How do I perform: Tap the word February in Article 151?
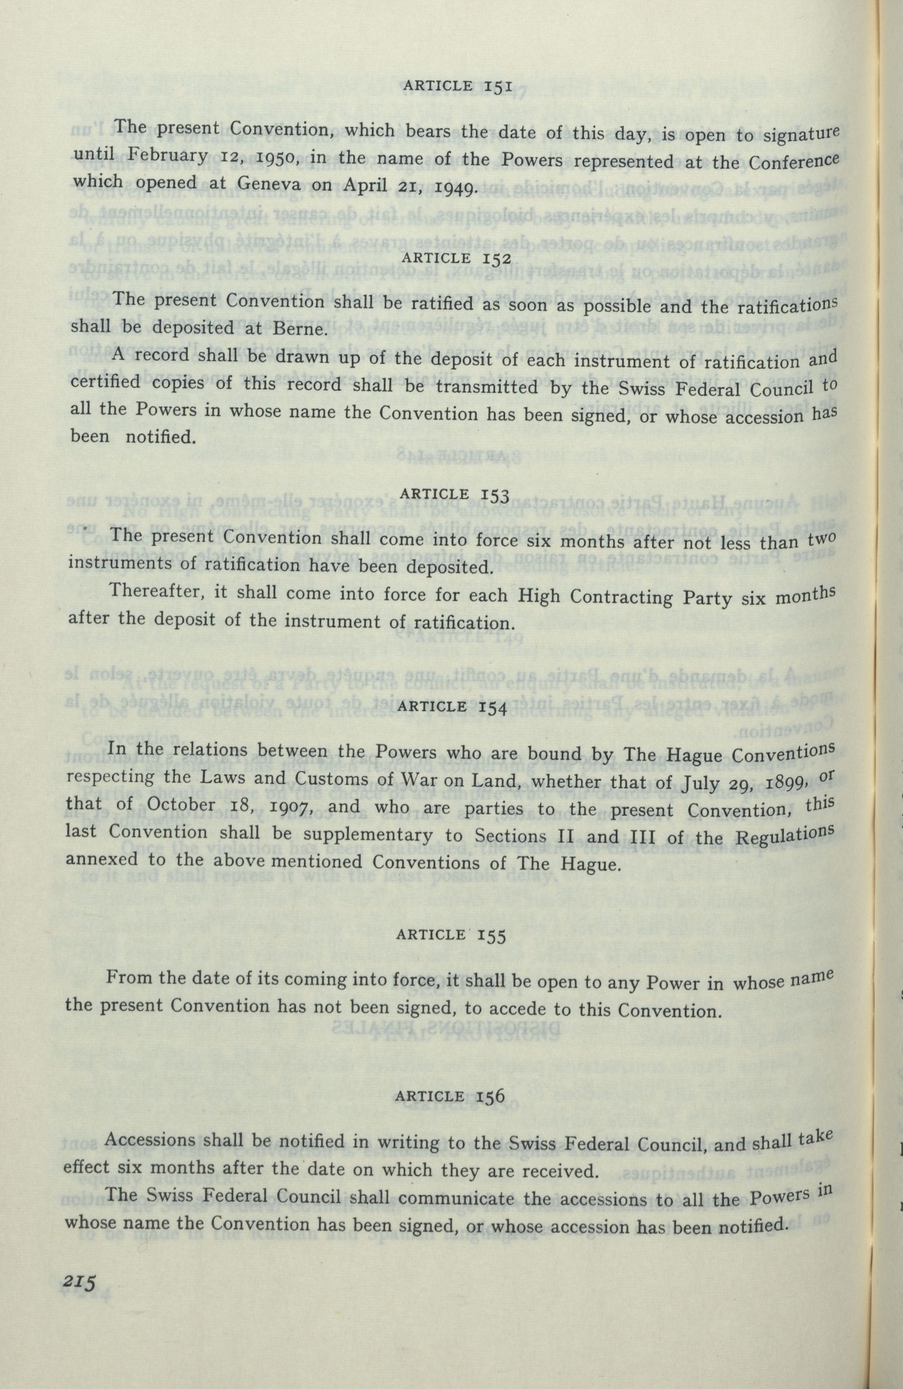168,156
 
